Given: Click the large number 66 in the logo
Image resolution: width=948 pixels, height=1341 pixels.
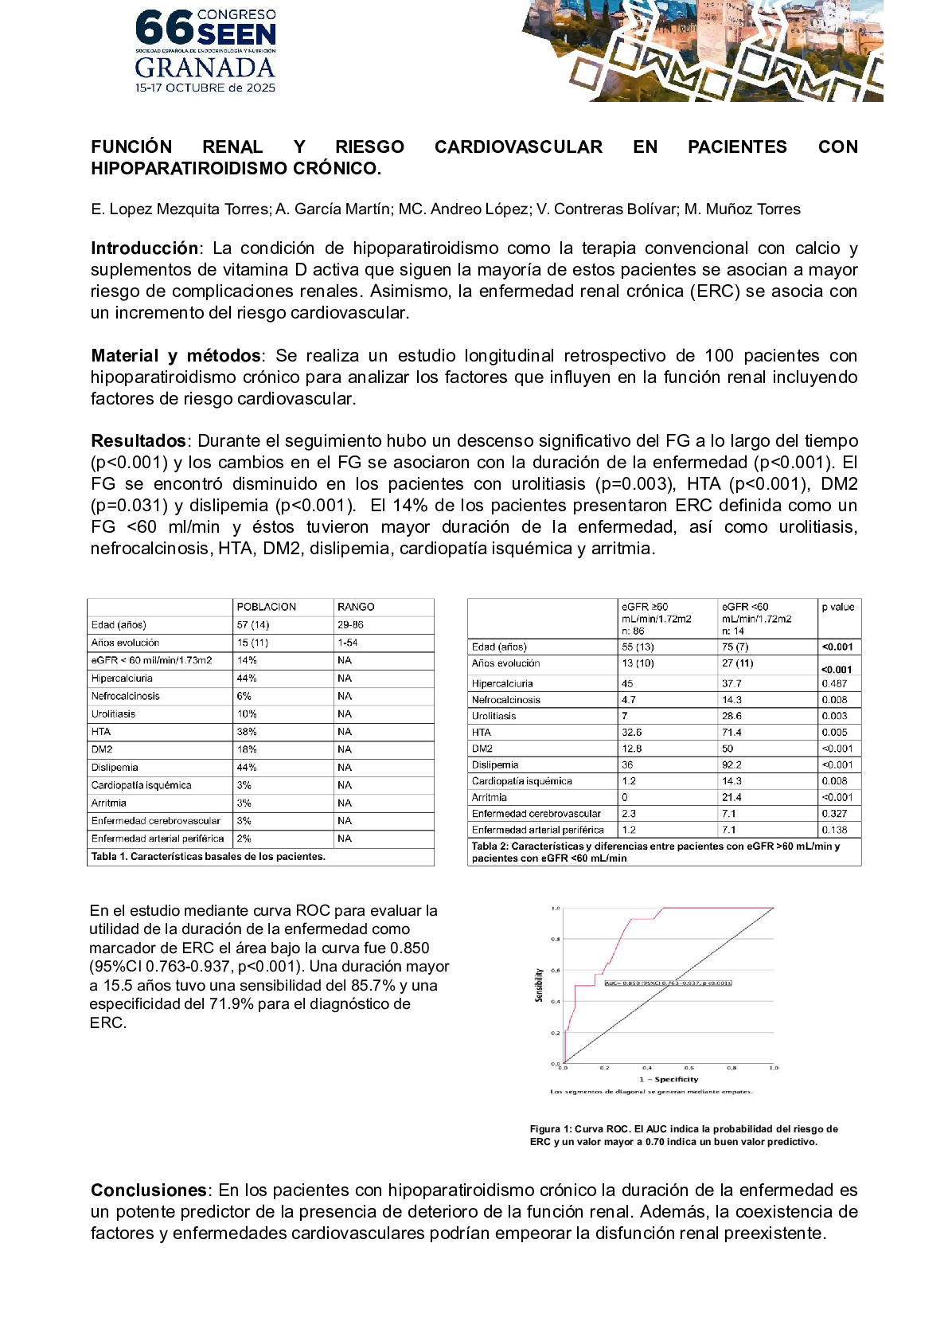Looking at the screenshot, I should point(165,29).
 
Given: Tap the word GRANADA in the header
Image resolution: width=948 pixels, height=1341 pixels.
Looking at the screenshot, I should point(205,68).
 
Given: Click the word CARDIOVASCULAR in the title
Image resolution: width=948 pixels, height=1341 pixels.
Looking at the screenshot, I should point(518,147).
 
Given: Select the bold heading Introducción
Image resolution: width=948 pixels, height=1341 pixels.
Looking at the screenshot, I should point(144,248).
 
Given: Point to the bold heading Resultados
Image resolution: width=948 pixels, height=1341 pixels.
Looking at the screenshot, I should point(138,441).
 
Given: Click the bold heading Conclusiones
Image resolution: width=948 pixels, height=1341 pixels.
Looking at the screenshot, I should point(149,1190).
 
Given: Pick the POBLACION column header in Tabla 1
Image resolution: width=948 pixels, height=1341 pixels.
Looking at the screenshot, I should point(267,607).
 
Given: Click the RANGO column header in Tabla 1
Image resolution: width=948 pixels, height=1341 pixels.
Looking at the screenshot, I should point(356,607).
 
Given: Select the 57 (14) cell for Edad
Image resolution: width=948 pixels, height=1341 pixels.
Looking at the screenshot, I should point(253,625).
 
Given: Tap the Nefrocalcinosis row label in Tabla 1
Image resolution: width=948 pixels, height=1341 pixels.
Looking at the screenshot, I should point(125,696).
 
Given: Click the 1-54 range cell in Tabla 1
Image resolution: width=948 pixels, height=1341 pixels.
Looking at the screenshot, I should point(348,643).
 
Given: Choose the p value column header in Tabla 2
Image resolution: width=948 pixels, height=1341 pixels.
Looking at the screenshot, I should point(838,607).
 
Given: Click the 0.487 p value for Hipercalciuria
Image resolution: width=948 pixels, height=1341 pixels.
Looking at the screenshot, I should point(835,684).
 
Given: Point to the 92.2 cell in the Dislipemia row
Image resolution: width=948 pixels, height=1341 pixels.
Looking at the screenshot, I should point(732,765).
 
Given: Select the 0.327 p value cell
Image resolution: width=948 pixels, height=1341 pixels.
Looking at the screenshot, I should point(835,814).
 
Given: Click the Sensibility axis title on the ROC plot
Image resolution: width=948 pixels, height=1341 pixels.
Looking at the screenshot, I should point(539,985).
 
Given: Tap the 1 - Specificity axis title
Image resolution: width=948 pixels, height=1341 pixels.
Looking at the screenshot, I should point(669,1080).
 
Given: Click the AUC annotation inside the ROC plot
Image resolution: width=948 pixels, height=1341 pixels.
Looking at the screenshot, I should point(668,983).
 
